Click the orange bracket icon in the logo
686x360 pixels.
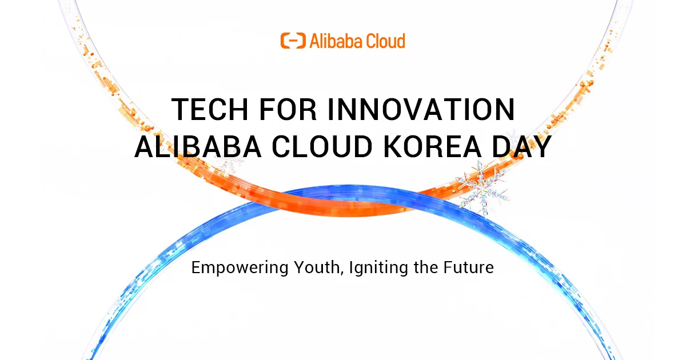293,41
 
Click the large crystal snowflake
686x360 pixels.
483,187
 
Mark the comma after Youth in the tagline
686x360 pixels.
341,272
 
